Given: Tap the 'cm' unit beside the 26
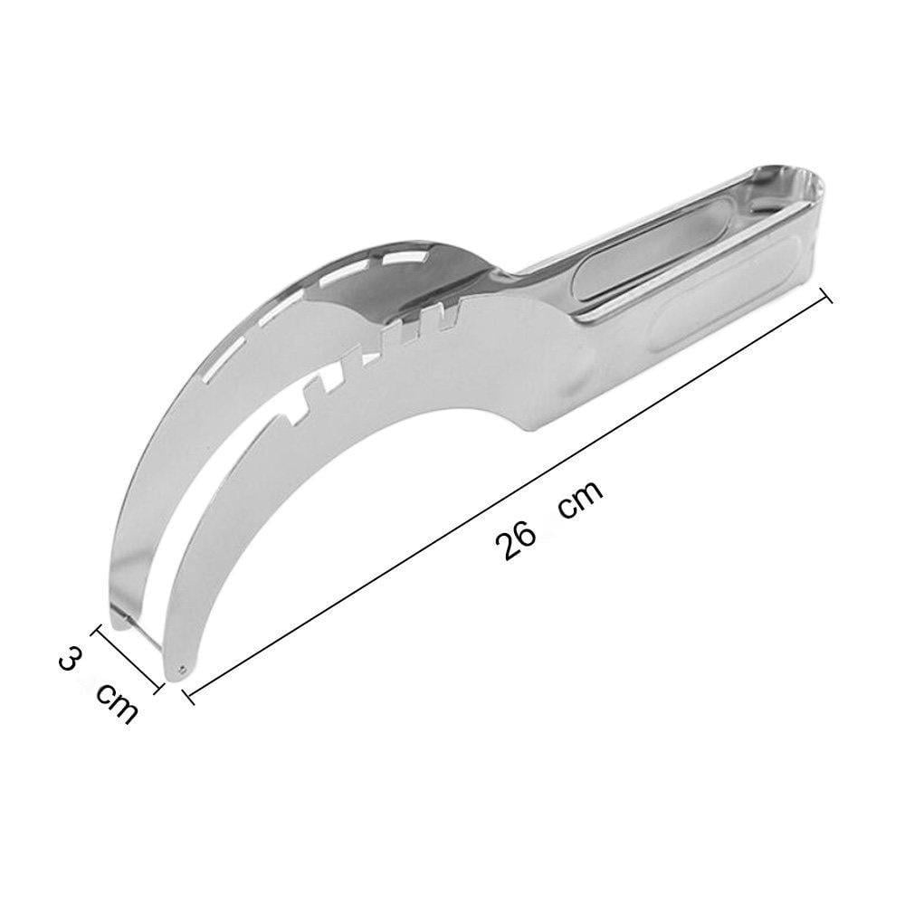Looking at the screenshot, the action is tap(581, 499).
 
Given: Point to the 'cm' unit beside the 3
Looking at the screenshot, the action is tap(117, 702).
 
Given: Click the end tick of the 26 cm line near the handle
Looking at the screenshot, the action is tap(825, 295).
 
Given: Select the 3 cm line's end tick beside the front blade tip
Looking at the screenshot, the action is tap(157, 686).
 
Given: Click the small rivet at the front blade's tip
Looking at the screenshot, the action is tap(183, 669).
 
